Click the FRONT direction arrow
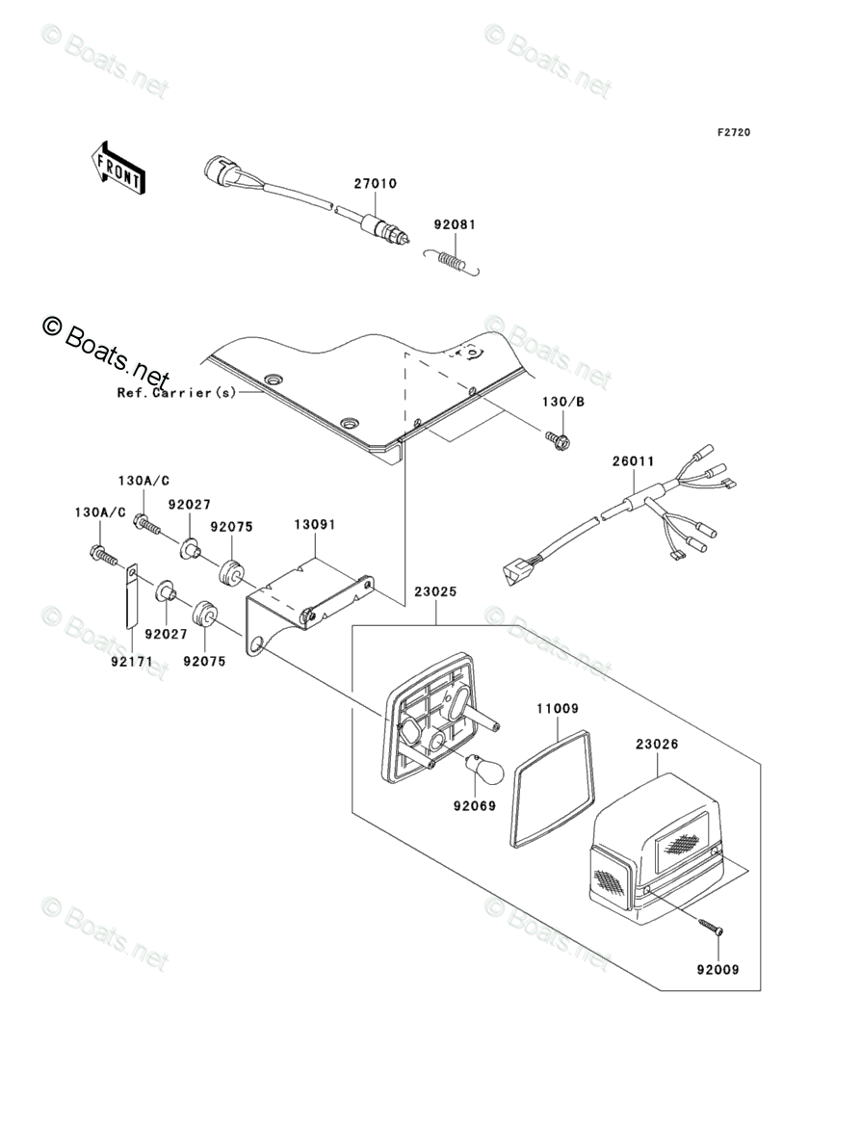(117, 167)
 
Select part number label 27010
(376, 183)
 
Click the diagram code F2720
(733, 132)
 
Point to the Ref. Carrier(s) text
(177, 393)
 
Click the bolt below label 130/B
(559, 440)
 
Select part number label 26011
(633, 460)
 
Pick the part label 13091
(314, 525)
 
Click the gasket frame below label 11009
(552, 790)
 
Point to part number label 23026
(656, 745)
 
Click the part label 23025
(434, 592)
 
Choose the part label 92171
(132, 661)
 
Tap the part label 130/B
(563, 402)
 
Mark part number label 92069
(475, 806)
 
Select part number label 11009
(557, 709)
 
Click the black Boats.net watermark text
(106, 353)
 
